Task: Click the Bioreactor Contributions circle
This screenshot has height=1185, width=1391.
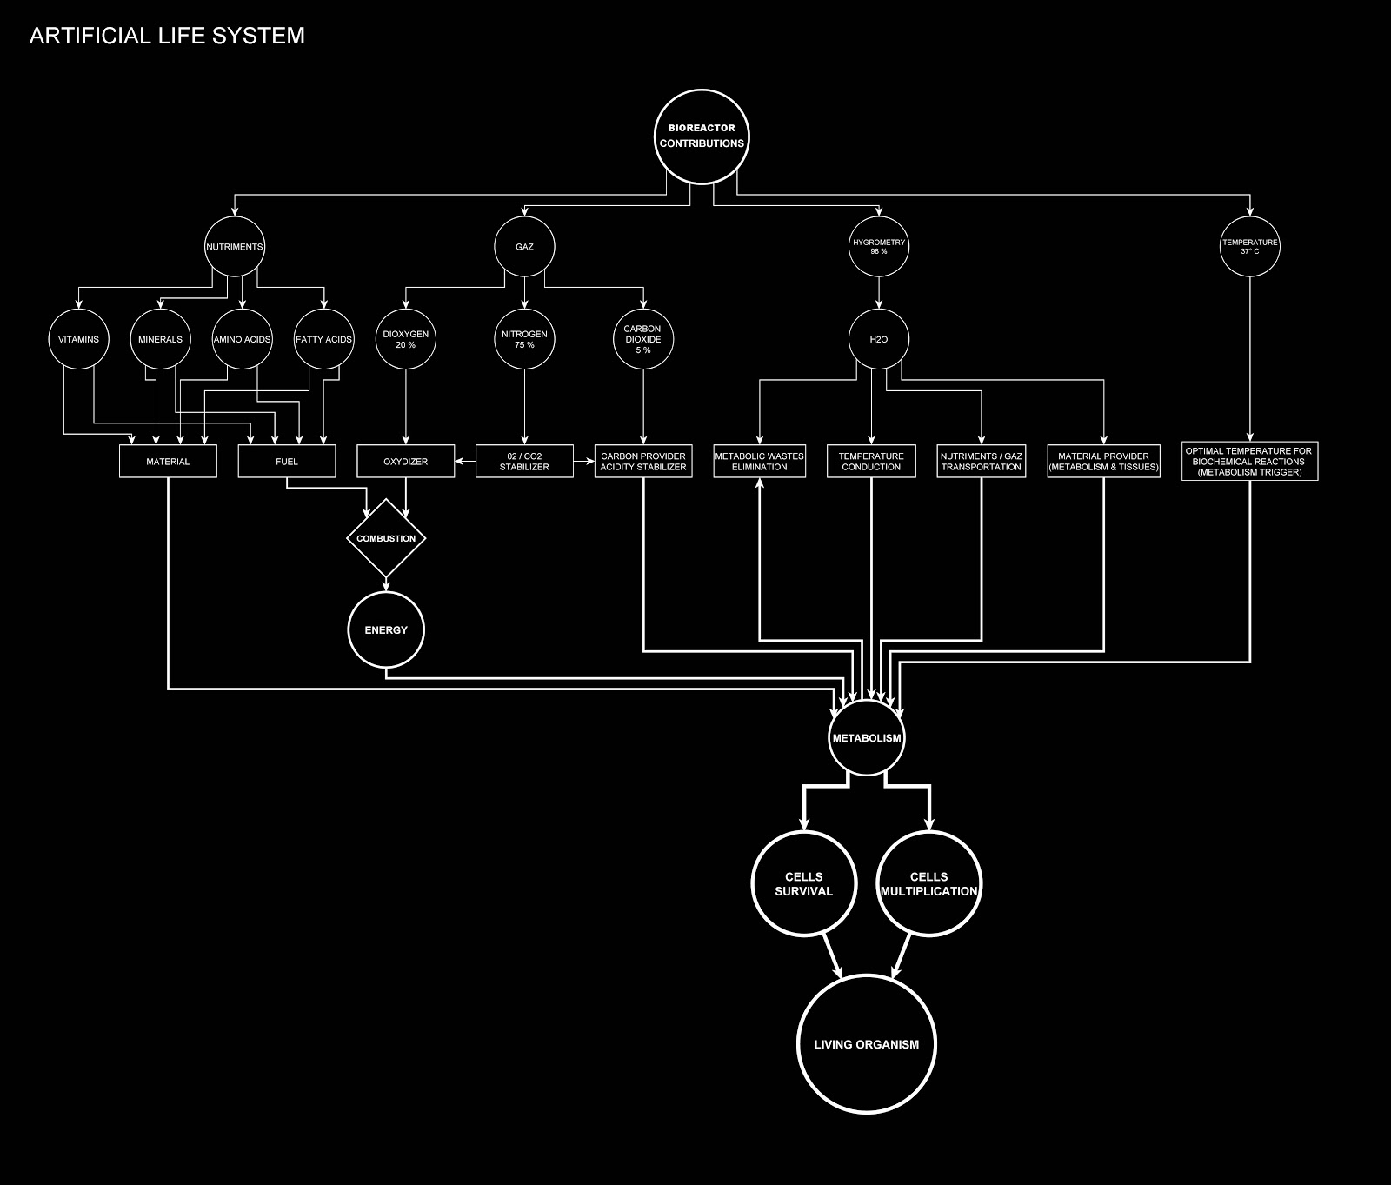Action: click(x=701, y=136)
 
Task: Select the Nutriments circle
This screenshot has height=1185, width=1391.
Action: click(x=234, y=247)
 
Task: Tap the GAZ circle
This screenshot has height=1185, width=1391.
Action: click(x=524, y=247)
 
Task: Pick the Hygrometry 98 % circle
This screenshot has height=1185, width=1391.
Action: click(x=878, y=247)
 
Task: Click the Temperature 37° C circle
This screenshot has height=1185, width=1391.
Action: click(x=1249, y=247)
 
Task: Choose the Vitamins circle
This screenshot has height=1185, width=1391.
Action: click(x=78, y=339)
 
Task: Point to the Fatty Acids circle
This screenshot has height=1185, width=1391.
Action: click(x=323, y=339)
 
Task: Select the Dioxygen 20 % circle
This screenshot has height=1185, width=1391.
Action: click(x=405, y=339)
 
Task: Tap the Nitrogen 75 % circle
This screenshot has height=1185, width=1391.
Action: click(x=524, y=339)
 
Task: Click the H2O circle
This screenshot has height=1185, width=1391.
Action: click(x=878, y=339)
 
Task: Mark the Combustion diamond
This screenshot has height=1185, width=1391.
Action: click(x=386, y=539)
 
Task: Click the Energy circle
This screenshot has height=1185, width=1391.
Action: click(x=386, y=630)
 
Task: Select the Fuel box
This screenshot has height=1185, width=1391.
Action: click(x=286, y=462)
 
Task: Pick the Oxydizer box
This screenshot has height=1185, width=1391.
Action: click(x=405, y=462)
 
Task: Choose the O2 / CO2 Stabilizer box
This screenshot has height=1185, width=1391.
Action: click(x=524, y=462)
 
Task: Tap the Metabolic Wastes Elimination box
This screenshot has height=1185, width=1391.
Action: click(x=759, y=462)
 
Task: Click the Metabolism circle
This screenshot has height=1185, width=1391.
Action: click(x=866, y=738)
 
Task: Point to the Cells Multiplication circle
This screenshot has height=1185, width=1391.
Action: click(x=928, y=884)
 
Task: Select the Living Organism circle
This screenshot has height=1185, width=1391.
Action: click(x=866, y=1044)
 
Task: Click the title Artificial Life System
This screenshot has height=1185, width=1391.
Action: click(x=167, y=36)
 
